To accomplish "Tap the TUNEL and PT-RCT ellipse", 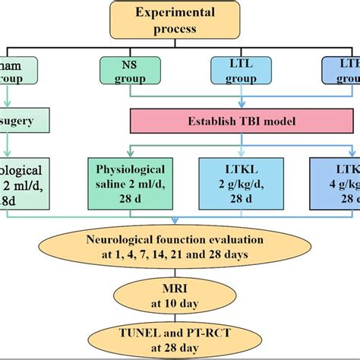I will point(179,339).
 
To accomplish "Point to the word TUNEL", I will point(138,333).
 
